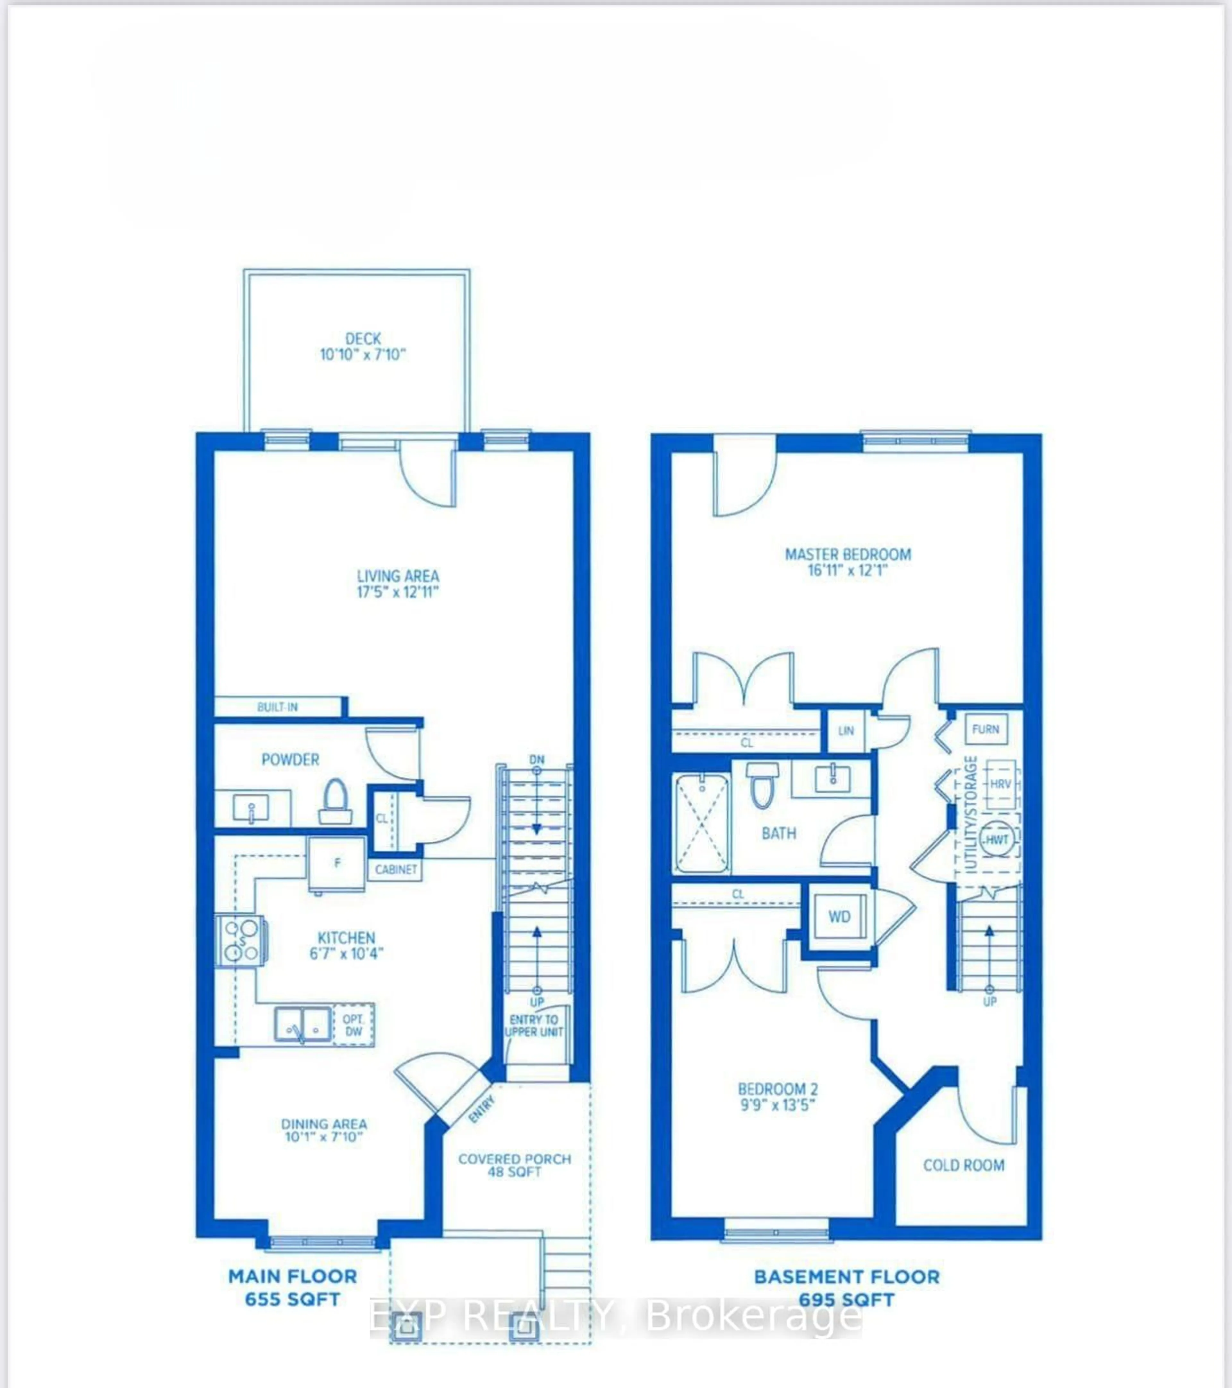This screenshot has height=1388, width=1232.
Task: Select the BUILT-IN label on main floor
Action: (277, 707)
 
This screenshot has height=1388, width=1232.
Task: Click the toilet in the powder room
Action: (335, 801)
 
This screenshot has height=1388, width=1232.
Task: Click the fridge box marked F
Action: (337, 864)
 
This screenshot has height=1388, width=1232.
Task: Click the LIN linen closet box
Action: (846, 731)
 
